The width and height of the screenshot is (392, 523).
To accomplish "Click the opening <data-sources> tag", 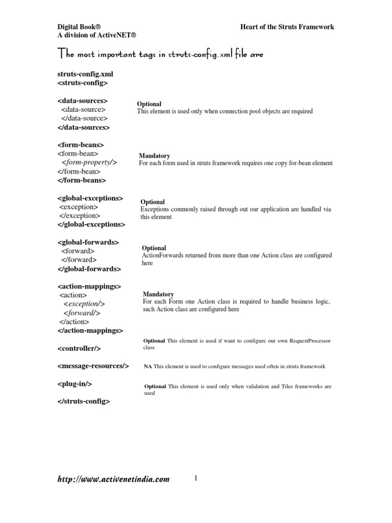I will pyautogui.click(x=82, y=101).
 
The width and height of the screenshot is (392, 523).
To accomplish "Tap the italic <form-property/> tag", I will pyautogui.click(x=89, y=162).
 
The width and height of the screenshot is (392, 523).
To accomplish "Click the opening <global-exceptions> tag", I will pyautogui.click(x=90, y=198).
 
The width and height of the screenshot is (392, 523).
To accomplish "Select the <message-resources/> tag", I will pyautogui.click(x=93, y=366).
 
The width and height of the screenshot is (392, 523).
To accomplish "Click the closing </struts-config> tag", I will pyautogui.click(x=84, y=401).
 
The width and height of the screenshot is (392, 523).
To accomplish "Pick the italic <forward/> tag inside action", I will pyautogui.click(x=82, y=313).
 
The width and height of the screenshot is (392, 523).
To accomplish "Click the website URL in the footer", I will pyautogui.click(x=113, y=479).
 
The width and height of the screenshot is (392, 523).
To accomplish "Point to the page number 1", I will pyautogui.click(x=195, y=479).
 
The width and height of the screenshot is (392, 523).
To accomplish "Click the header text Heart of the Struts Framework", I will pyautogui.click(x=287, y=27).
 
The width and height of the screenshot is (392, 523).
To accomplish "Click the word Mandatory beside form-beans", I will pyautogui.click(x=155, y=155).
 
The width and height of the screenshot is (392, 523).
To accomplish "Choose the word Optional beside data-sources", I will pyautogui.click(x=149, y=104).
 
